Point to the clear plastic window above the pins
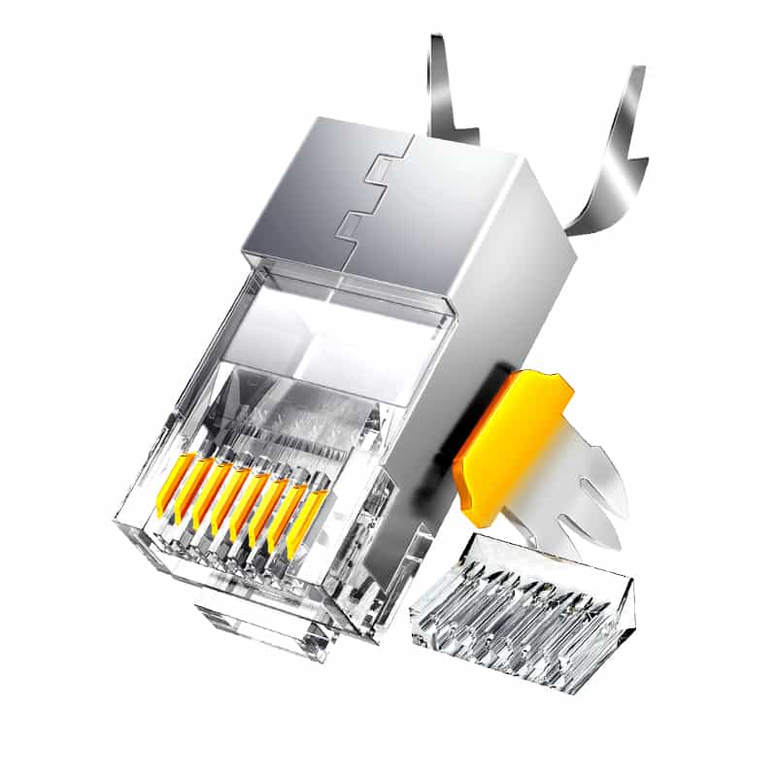(321, 340)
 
